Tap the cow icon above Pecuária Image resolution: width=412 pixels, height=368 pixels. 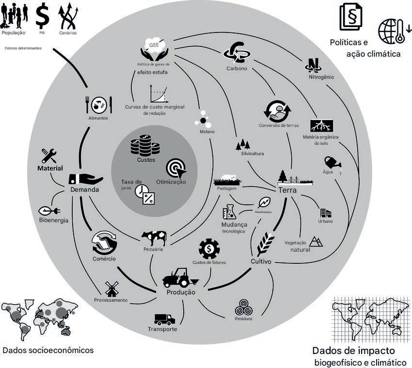click(154, 238)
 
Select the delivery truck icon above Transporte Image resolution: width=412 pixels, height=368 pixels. click(164, 319)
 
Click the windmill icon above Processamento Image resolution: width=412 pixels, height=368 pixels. click(111, 289)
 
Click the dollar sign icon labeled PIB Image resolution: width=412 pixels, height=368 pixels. click(43, 16)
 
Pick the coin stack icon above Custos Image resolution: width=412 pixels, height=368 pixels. click(145, 145)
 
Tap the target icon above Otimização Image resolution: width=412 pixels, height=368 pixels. click(175, 168)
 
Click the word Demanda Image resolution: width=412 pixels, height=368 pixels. click(85, 190)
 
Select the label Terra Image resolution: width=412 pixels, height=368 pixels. click(287, 190)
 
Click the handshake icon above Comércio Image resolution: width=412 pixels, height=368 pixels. click(104, 242)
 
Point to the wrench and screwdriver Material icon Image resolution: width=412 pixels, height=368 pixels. click(49, 155)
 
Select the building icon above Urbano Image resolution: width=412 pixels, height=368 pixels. click(325, 213)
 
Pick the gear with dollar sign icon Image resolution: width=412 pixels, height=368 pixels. click(209, 249)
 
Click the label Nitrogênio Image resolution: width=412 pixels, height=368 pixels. click(321, 77)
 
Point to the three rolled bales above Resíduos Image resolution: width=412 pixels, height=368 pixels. click(243, 307)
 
